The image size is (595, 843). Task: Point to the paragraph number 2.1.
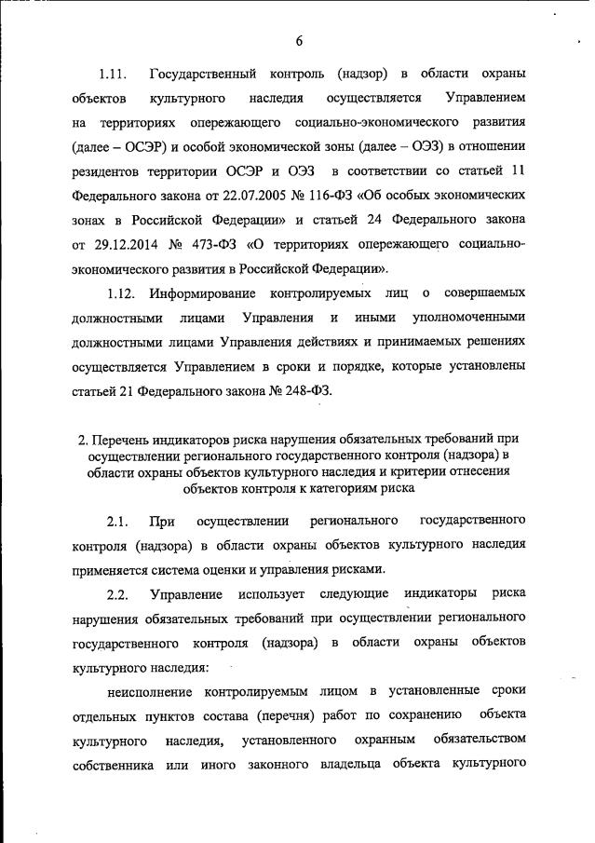(120, 518)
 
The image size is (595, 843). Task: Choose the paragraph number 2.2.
(121, 592)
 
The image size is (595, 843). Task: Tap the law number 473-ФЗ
(217, 245)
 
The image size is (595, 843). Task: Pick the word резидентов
(109, 172)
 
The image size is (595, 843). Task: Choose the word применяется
(112, 568)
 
